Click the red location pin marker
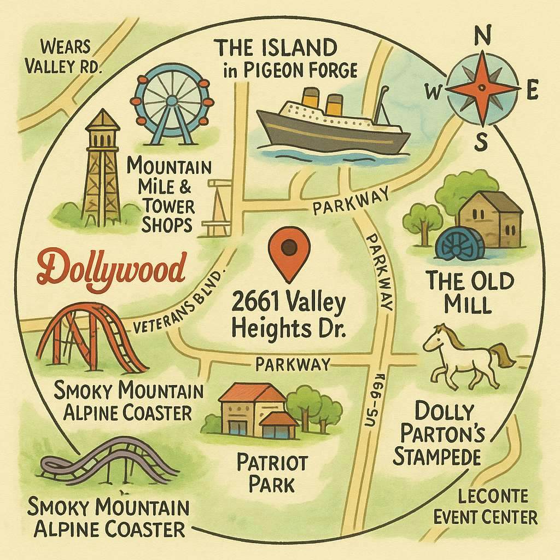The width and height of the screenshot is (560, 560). (x=289, y=249)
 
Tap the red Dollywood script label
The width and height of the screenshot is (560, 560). (x=113, y=268)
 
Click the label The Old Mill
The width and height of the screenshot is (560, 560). (x=470, y=293)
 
